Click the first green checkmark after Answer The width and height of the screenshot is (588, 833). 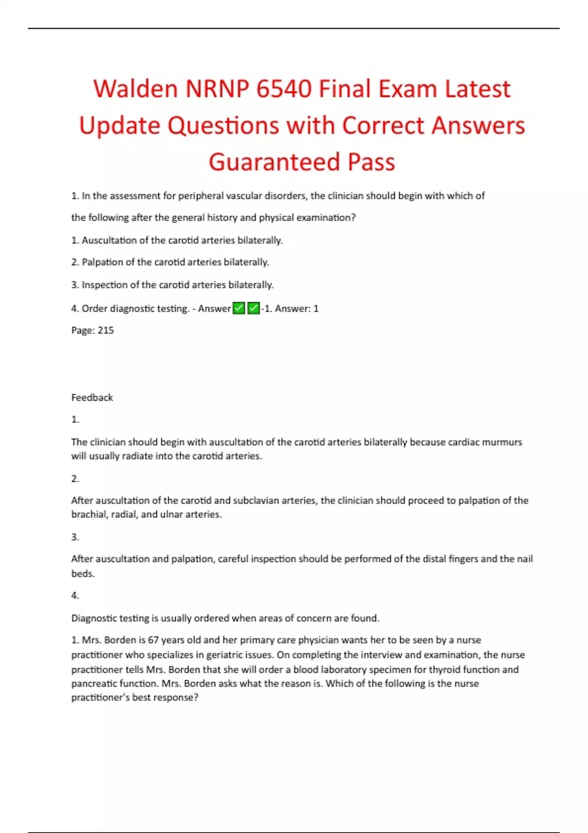(239, 308)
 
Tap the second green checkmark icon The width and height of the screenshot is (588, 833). (253, 308)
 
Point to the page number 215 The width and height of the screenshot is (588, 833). (106, 330)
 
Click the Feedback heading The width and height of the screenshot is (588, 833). (92, 397)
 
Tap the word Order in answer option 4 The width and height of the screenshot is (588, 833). (95, 309)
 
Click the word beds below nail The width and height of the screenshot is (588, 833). (83, 574)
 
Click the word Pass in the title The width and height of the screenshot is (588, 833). (371, 162)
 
